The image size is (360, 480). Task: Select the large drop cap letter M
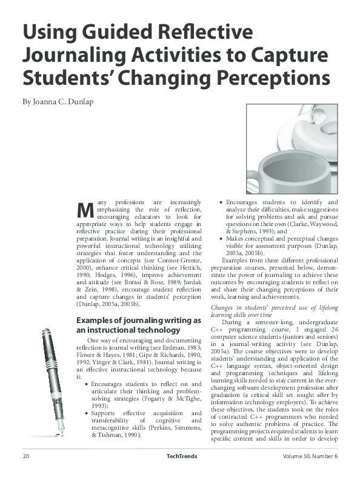[x=87, y=210]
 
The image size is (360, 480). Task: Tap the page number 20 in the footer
[x=26, y=473]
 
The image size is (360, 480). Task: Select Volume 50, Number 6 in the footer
[x=310, y=473]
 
